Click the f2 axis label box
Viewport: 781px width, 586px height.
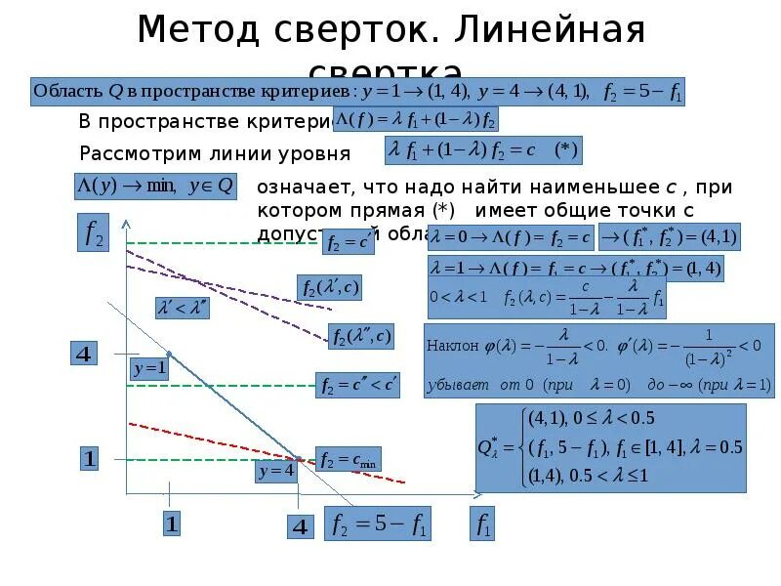point(93,233)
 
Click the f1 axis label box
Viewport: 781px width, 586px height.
point(482,525)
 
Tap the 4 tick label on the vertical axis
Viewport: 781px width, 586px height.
point(85,354)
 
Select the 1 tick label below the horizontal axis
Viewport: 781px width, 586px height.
point(171,523)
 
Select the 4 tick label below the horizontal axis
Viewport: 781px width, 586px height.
point(300,526)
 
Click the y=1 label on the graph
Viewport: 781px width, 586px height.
point(149,369)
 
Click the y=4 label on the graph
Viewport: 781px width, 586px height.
point(275,471)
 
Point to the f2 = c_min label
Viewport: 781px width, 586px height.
point(348,458)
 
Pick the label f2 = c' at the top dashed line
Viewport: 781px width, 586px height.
point(349,241)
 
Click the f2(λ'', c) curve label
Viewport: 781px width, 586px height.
point(361,337)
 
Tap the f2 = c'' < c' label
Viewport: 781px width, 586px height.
point(358,386)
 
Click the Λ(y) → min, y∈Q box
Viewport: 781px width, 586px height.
point(153,186)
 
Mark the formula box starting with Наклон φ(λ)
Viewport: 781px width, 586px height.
point(599,359)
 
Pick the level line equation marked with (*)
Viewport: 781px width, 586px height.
point(483,151)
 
